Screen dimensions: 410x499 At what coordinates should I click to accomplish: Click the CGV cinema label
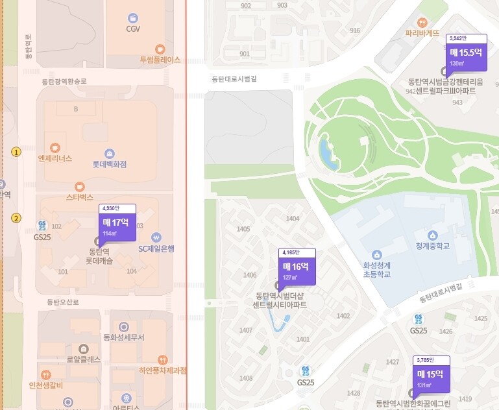(133, 29)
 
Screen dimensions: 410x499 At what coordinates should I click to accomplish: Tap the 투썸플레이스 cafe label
(160, 59)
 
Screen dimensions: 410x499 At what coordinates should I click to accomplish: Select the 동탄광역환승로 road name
(64, 82)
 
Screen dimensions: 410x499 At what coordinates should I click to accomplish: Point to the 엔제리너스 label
(55, 158)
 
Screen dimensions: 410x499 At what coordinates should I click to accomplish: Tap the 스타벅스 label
(80, 196)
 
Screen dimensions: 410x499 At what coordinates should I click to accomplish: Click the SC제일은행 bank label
(156, 248)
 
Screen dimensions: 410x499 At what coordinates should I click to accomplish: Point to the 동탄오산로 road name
(62, 302)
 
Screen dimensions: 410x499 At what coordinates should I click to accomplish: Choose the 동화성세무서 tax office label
(123, 337)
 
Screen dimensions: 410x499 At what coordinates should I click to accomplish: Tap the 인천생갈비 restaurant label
(45, 387)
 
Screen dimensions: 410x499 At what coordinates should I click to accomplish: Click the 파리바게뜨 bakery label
(422, 32)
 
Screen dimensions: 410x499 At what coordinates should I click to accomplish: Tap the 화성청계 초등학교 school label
(377, 269)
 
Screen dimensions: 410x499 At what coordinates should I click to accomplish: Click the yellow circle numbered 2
(16, 218)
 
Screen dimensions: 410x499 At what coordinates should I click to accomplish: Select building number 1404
(293, 219)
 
